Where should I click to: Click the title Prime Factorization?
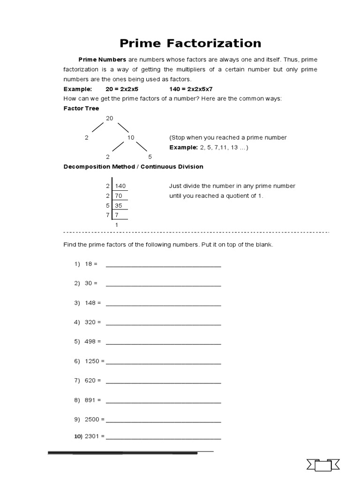click(190, 44)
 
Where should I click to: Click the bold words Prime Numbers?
click(102, 60)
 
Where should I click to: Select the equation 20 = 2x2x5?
click(122, 89)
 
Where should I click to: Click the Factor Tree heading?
click(81, 108)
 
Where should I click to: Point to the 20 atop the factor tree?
click(109, 119)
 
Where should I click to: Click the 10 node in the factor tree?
click(131, 138)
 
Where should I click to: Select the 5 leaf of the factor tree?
click(150, 157)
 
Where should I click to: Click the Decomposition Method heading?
click(133, 167)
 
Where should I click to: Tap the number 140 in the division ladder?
click(120, 186)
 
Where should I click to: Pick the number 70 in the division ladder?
click(118, 196)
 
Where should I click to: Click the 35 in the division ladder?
click(118, 205)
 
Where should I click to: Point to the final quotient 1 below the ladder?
click(117, 225)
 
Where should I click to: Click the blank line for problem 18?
click(163, 265)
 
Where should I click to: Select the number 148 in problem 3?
click(90, 303)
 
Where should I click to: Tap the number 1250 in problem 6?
click(92, 361)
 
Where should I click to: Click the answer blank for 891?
click(163, 401)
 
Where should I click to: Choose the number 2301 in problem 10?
click(92, 436)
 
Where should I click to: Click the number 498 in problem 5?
click(90, 342)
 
